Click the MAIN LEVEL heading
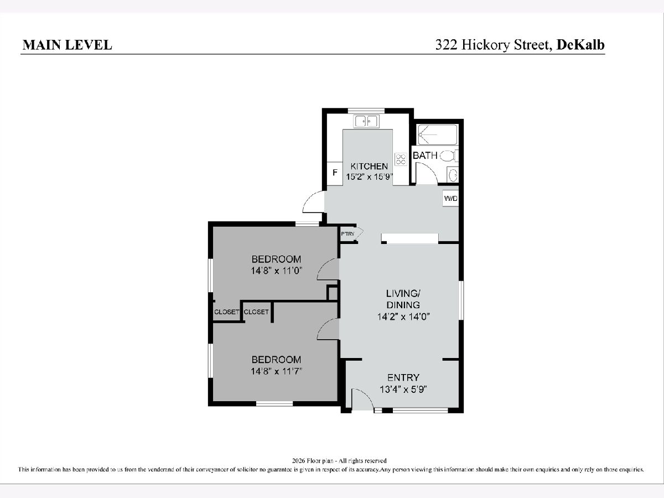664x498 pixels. (67, 45)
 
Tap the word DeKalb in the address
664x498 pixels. (580, 45)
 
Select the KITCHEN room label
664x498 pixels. (369, 167)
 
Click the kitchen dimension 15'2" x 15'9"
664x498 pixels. (370, 177)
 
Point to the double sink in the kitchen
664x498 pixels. (366, 121)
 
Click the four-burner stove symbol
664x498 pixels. (401, 159)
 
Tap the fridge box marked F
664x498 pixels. (335, 174)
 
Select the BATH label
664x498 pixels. (425, 155)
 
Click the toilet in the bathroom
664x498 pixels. (449, 156)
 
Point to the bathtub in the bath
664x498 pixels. (438, 135)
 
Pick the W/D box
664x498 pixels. (450, 198)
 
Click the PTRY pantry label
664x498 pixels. (347, 234)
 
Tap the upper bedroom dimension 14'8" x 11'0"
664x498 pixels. (277, 271)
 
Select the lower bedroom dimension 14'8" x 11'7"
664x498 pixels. (277, 371)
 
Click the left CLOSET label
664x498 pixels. (226, 312)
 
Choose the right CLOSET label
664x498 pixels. (256, 312)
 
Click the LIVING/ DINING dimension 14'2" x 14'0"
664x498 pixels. (403, 317)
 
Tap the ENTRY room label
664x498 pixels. (403, 378)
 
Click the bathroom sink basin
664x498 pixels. (453, 175)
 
